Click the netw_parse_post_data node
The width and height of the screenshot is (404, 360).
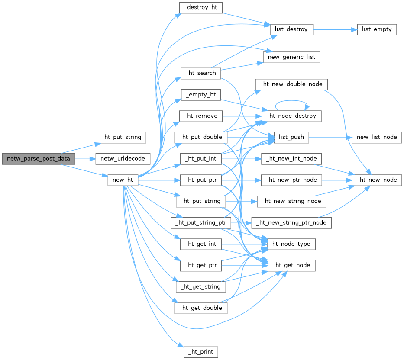38,159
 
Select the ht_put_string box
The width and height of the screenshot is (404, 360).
123,138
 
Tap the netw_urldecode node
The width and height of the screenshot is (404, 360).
123,159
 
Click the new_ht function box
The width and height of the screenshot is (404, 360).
123,180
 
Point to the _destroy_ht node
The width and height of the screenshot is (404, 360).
201,8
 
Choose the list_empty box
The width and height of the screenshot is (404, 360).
377,29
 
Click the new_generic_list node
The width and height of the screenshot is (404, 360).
291,57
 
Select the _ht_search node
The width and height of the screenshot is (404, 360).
201,73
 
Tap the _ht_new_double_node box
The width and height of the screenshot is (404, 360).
291,84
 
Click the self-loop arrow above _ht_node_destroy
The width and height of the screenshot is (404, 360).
291,101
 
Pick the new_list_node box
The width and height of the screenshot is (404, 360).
377,137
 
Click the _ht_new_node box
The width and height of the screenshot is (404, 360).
377,180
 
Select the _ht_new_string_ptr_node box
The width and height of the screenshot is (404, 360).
291,223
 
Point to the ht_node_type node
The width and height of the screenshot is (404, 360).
291,244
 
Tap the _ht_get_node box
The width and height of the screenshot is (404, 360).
291,265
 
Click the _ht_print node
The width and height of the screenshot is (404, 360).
201,352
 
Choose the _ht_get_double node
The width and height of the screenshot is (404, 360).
201,308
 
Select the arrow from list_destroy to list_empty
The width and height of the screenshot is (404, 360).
334,29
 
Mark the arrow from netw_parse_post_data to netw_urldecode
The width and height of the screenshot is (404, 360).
85,159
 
